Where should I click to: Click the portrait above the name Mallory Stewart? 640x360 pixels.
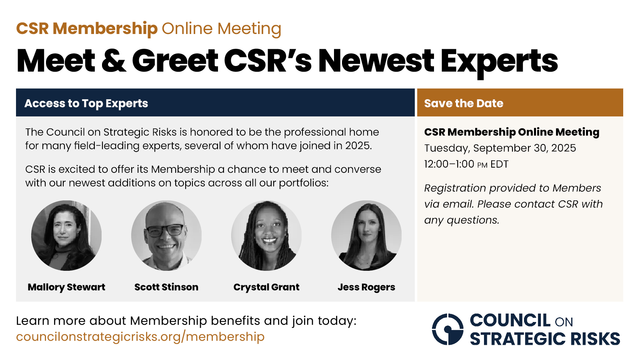pyautogui.click(x=66, y=236)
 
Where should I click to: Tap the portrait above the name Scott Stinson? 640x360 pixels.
pyautogui.click(x=166, y=236)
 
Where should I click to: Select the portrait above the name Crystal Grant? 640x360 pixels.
pyautogui.click(x=266, y=236)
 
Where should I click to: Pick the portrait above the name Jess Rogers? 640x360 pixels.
pyautogui.click(x=366, y=236)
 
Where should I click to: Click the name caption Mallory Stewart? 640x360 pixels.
pyautogui.click(x=66, y=287)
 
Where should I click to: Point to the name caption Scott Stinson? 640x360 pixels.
pyautogui.click(x=166, y=287)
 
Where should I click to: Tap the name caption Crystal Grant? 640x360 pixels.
pyautogui.click(x=266, y=287)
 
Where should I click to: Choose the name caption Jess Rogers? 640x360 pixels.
pyautogui.click(x=366, y=287)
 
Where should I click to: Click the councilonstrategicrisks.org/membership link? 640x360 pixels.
pyautogui.click(x=140, y=336)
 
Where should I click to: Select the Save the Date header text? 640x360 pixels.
pyautogui.click(x=464, y=103)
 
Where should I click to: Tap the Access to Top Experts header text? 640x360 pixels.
pyautogui.click(x=86, y=104)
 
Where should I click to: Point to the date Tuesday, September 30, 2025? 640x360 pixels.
pyautogui.click(x=500, y=148)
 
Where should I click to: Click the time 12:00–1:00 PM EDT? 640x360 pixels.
pyautogui.click(x=466, y=164)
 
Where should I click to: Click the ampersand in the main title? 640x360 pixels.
pyautogui.click(x=114, y=60)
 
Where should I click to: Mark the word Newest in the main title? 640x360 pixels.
pyautogui.click(x=376, y=60)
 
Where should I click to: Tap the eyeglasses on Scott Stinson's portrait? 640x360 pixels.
pyautogui.click(x=166, y=230)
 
